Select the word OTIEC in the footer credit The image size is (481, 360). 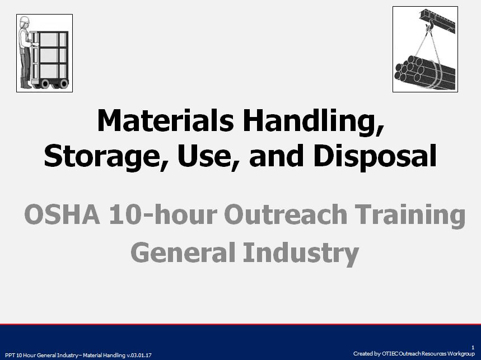(390, 354)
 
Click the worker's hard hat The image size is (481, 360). (24, 20)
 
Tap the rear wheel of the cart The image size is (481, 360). (63, 83)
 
